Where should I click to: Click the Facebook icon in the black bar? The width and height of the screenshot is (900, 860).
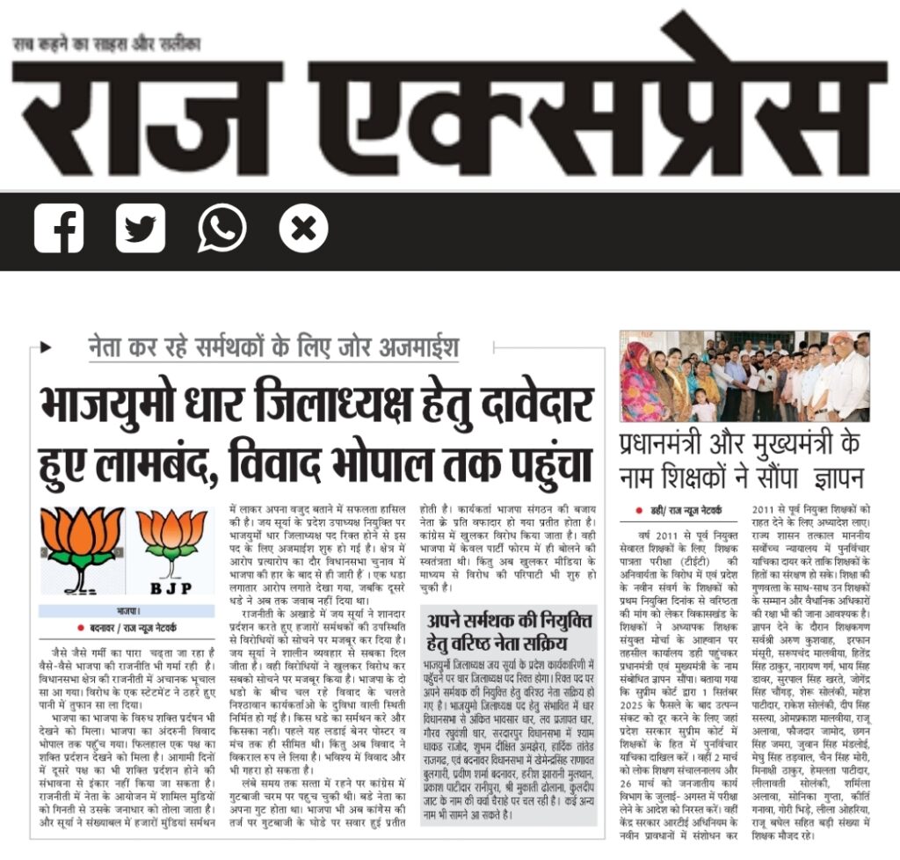coord(59,229)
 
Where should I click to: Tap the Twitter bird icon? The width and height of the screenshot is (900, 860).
coord(141,229)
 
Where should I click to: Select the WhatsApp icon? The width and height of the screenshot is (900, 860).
coord(222,229)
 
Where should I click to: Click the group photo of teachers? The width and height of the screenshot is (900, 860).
coord(744,375)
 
